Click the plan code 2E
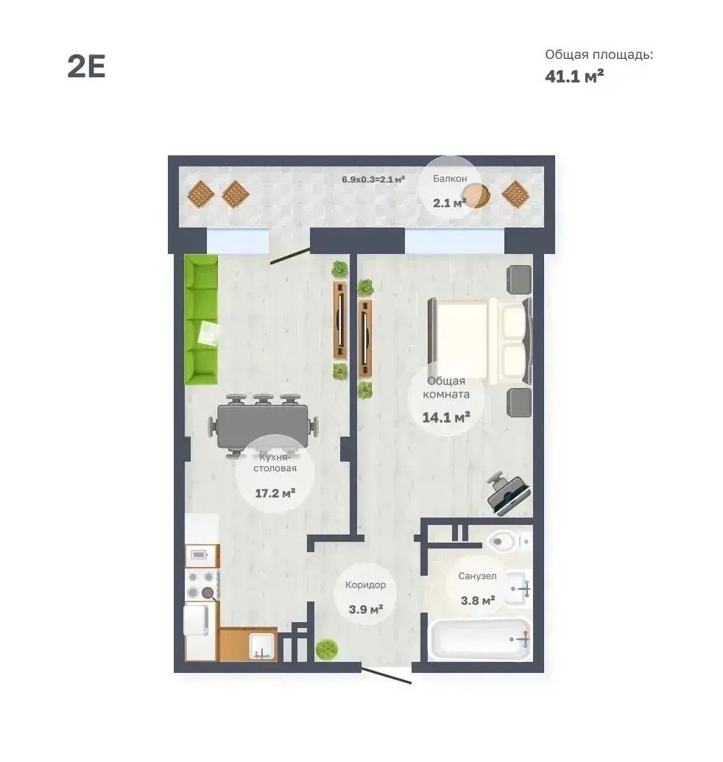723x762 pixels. (86, 66)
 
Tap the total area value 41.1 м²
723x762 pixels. (574, 77)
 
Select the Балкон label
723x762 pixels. (450, 179)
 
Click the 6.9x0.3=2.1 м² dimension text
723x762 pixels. (373, 179)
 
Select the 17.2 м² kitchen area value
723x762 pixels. (275, 493)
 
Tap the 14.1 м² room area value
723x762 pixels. (446, 417)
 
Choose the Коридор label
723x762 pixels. (365, 585)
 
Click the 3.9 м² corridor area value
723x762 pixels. (365, 608)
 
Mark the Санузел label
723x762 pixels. (477, 576)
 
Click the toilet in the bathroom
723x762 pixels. (508, 540)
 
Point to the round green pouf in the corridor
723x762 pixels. (327, 649)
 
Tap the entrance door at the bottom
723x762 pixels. (387, 676)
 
